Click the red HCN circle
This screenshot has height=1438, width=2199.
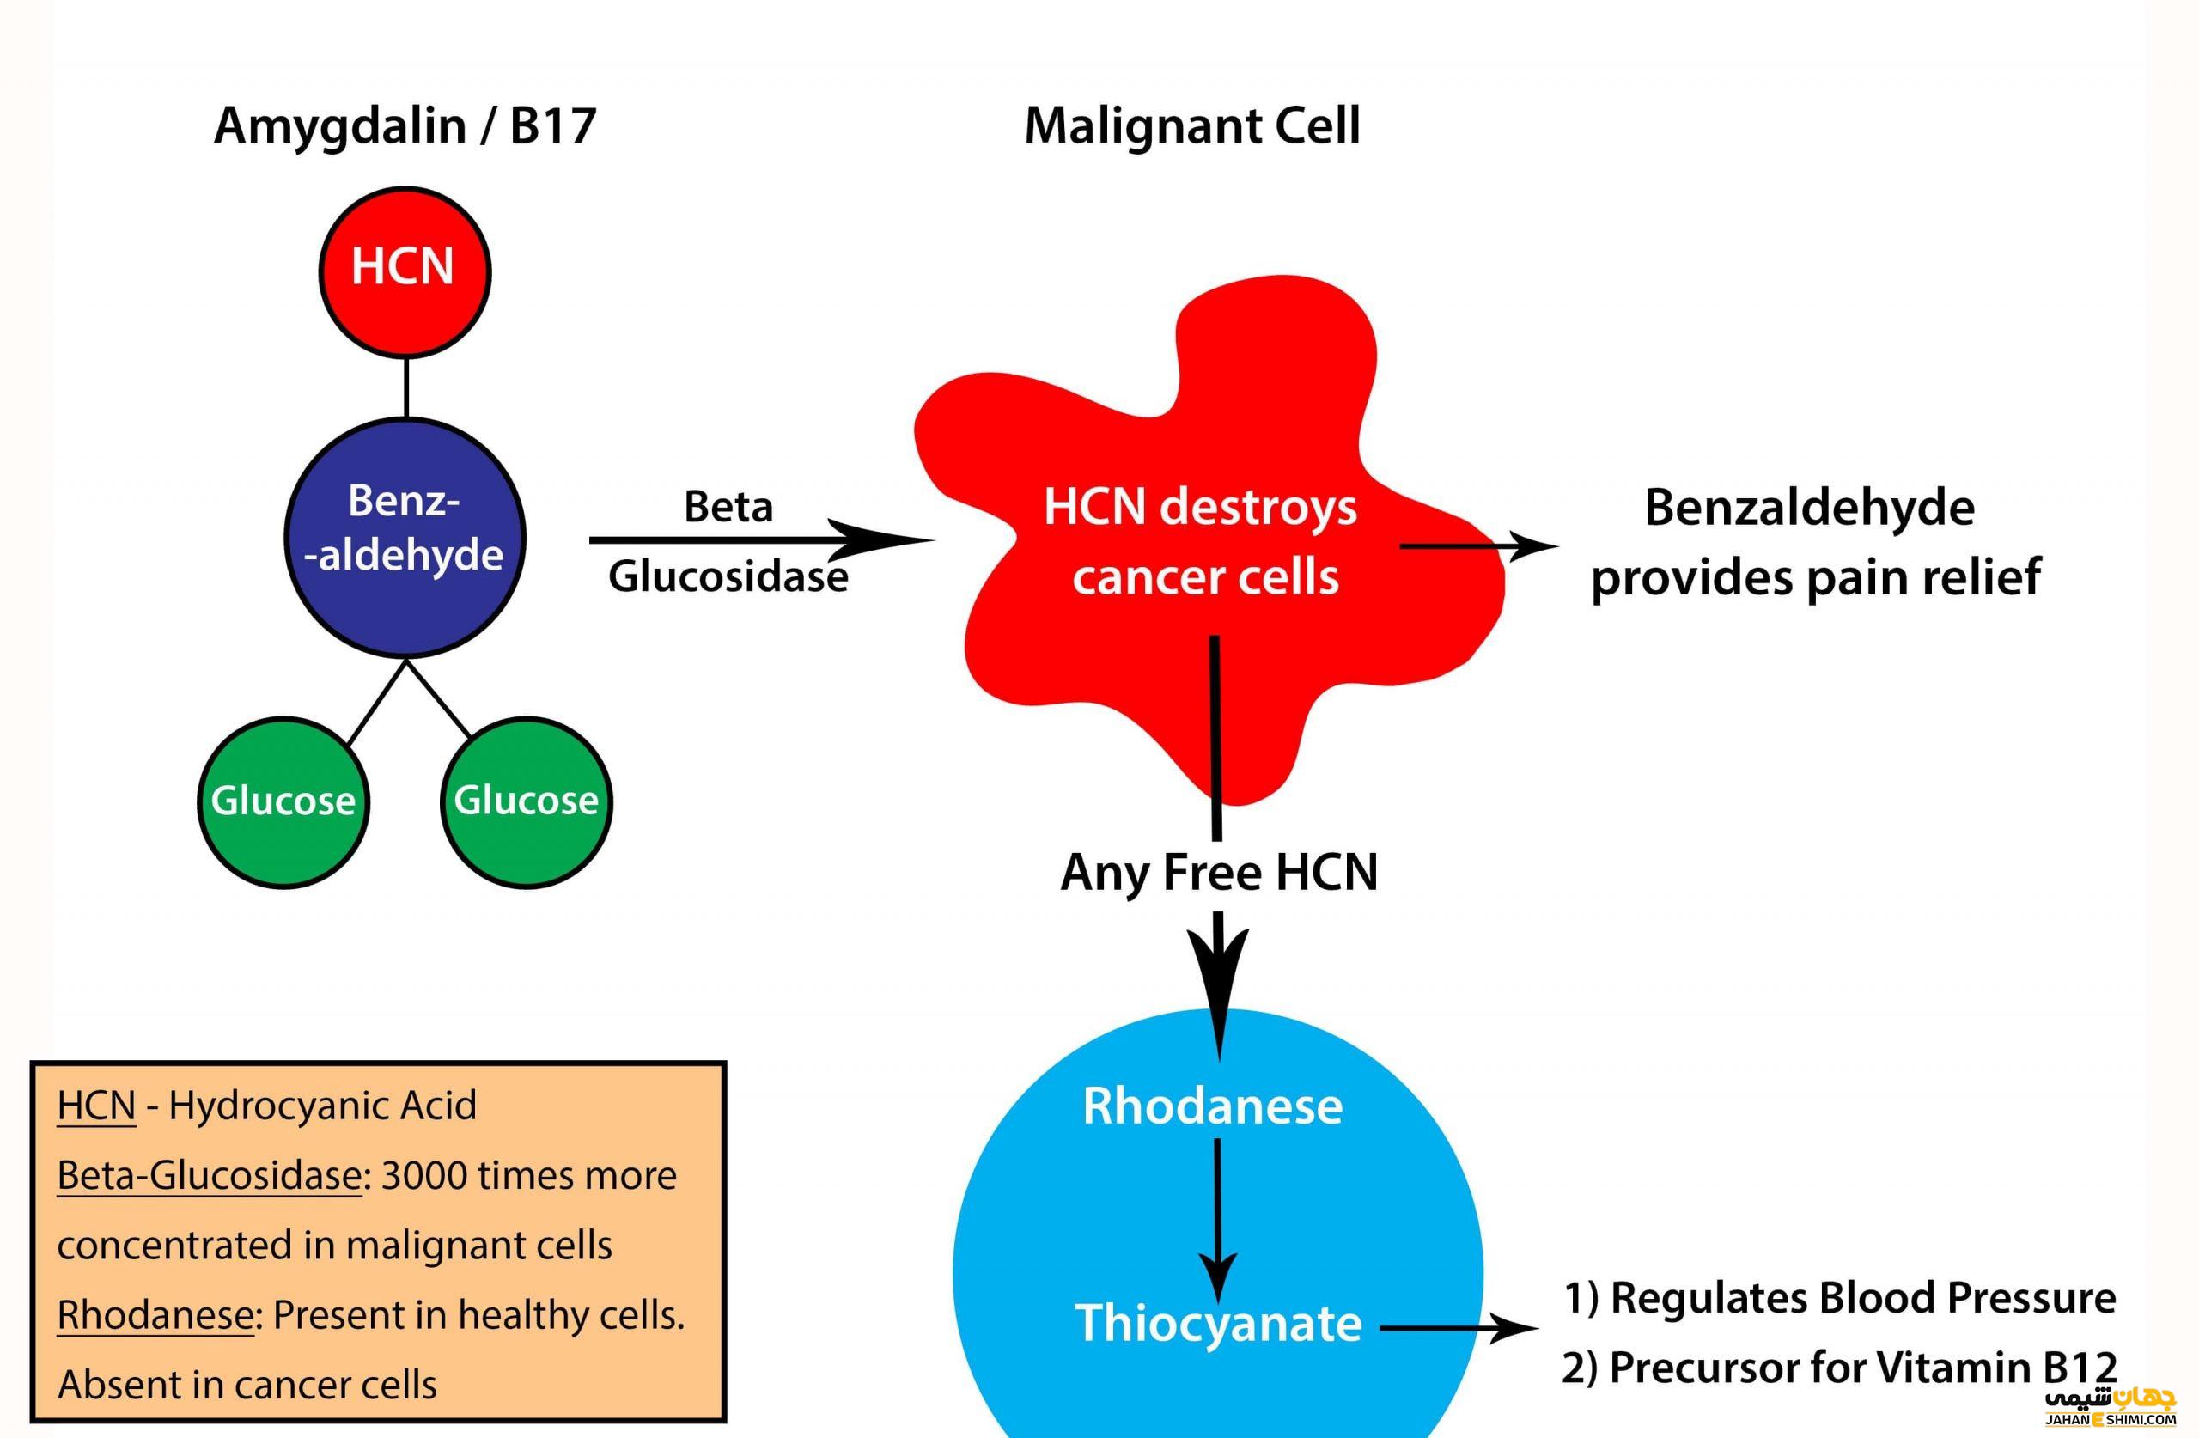click(x=405, y=271)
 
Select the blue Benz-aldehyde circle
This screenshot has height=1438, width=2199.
click(x=405, y=538)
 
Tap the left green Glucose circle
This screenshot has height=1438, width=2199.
click(x=283, y=802)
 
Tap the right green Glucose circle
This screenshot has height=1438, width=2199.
click(x=527, y=802)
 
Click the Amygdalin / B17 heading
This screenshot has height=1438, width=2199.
click(x=405, y=127)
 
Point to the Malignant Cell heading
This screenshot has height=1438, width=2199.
click(x=1192, y=125)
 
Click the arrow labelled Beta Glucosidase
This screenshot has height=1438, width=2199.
click(x=762, y=539)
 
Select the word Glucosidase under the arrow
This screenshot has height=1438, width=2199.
click(x=728, y=576)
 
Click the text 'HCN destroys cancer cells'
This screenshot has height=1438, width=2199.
click(x=1201, y=541)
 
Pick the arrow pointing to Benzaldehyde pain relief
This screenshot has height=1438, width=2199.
click(x=1479, y=546)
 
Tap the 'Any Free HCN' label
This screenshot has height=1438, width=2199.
click(x=1219, y=873)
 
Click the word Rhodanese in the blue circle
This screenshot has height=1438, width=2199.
click(x=1212, y=1106)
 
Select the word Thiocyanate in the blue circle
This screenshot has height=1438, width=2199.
click(x=1219, y=1324)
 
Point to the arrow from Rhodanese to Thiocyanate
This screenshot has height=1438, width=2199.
click(x=1218, y=1221)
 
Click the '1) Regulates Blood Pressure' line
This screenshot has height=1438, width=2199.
click(x=1840, y=1299)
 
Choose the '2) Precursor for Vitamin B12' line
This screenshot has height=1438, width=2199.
click(x=1840, y=1368)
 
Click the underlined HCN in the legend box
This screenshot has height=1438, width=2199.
click(x=96, y=1106)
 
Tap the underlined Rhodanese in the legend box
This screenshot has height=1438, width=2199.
click(x=155, y=1315)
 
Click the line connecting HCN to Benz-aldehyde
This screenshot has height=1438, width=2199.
click(x=406, y=388)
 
